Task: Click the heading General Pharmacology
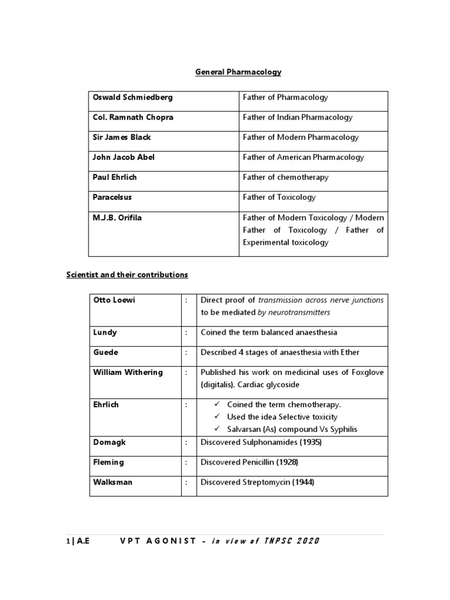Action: coord(238,72)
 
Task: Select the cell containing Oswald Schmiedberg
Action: coord(132,97)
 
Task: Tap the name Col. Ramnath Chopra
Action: coord(133,117)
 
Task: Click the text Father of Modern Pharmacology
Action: coord(301,137)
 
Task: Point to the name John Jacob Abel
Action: coord(123,157)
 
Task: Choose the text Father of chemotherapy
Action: coord(286,177)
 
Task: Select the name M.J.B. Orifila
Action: coord(117,217)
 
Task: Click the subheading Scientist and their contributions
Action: coord(127,274)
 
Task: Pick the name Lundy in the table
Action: coord(105,332)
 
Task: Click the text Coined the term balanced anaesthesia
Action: coord(269,332)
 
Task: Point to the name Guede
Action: coord(105,352)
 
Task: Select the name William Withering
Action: coord(128,372)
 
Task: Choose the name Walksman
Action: coord(112,482)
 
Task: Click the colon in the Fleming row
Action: coord(187,462)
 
